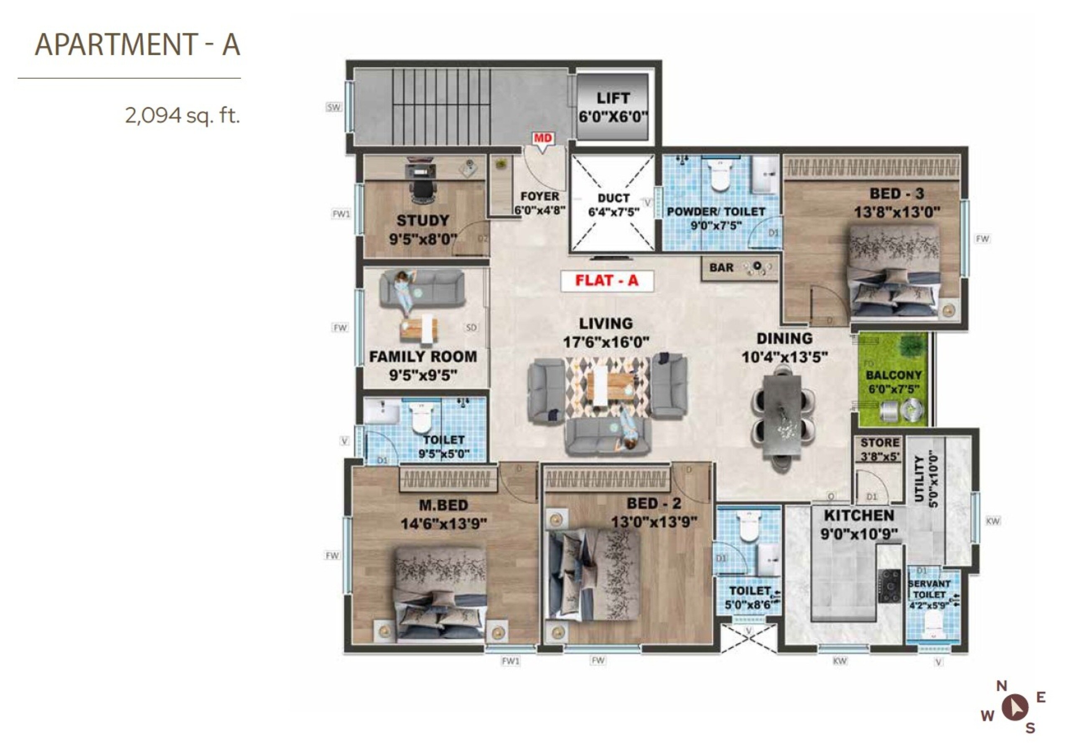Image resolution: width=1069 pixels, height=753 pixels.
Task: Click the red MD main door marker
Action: point(542,138)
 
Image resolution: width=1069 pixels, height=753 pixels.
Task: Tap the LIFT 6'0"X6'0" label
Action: point(613,107)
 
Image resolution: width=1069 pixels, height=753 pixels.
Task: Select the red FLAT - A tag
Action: point(607,281)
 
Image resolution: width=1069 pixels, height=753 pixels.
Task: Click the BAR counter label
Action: point(721,268)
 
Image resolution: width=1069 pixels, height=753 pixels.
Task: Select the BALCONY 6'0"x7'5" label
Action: point(893,382)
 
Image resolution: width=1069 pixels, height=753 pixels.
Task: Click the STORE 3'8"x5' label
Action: point(880,449)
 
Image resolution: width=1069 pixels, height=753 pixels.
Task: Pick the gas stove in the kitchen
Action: point(890,586)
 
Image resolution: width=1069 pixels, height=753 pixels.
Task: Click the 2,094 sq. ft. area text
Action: point(182,115)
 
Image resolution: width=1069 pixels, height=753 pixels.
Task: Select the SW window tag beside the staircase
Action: point(333,108)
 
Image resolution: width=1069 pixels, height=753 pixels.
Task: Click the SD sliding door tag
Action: point(471,328)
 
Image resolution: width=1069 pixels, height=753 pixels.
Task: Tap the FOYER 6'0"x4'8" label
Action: point(540,203)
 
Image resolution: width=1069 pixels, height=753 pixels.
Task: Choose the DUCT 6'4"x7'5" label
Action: point(613,205)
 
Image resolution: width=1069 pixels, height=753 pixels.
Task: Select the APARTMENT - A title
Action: point(137,45)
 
